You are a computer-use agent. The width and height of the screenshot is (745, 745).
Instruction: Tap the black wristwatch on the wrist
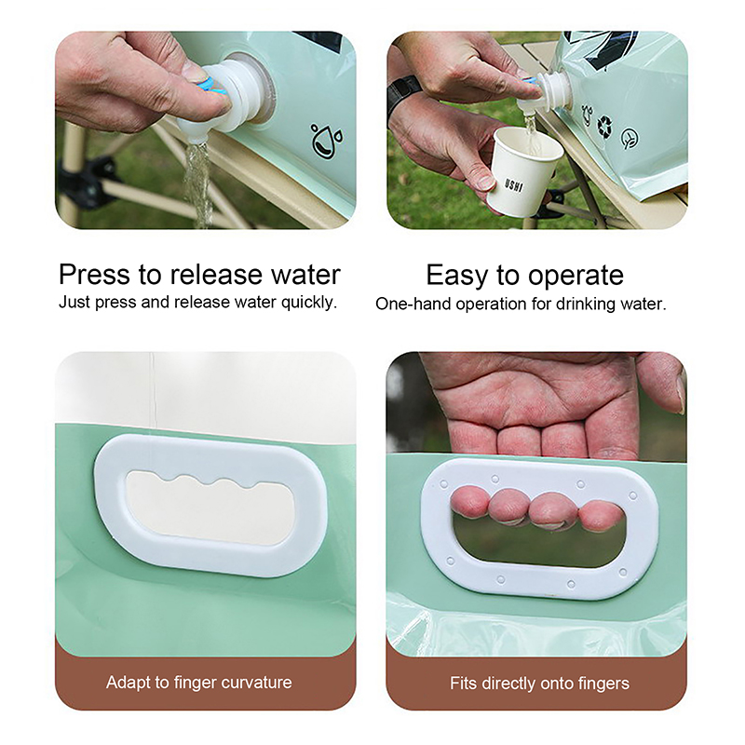click(x=401, y=99)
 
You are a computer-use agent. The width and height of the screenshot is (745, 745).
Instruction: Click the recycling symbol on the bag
click(x=605, y=125)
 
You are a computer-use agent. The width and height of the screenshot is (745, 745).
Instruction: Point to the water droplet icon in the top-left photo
click(x=327, y=140)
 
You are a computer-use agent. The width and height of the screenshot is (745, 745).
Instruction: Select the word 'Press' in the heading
click(x=94, y=275)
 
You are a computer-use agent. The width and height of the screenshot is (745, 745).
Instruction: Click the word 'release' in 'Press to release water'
click(x=216, y=275)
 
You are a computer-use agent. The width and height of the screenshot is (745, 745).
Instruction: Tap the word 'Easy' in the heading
click(x=456, y=276)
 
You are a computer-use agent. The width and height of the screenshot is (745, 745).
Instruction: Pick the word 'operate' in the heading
click(x=576, y=276)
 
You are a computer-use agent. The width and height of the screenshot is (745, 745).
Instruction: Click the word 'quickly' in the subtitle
click(x=309, y=303)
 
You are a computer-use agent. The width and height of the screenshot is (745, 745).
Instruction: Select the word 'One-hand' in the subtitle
click(x=413, y=305)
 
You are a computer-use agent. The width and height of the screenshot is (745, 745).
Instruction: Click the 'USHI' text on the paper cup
click(x=514, y=185)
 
